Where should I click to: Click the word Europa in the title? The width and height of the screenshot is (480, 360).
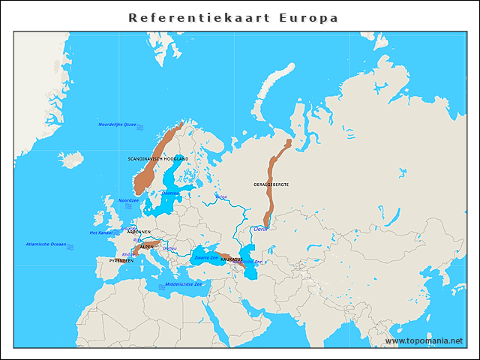click(x=308, y=17)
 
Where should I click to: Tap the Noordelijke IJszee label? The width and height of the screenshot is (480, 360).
click(x=117, y=124)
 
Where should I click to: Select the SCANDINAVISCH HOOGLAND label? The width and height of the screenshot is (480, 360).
click(x=158, y=159)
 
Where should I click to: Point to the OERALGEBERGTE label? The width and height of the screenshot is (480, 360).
click(x=271, y=184)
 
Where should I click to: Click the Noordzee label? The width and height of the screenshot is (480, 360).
click(x=128, y=200)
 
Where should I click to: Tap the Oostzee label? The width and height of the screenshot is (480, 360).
click(x=170, y=193)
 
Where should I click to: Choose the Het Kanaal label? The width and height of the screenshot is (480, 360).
click(x=100, y=232)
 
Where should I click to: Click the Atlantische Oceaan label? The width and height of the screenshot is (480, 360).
click(x=46, y=244)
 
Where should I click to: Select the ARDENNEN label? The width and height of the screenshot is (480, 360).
click(x=139, y=232)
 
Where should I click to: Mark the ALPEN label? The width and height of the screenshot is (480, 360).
click(x=147, y=246)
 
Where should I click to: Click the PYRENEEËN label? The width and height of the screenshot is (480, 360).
click(x=121, y=260)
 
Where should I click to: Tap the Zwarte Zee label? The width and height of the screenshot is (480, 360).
click(x=206, y=257)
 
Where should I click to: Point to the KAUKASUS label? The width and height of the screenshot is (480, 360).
click(x=232, y=259)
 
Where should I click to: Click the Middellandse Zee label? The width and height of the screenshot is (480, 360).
click(x=183, y=284)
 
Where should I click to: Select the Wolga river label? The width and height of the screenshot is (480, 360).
click(x=220, y=196)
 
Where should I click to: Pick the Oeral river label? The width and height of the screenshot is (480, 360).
click(x=260, y=228)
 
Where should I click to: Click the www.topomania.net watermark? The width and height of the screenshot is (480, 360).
click(x=424, y=340)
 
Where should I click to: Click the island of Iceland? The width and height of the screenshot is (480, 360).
click(x=72, y=160)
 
